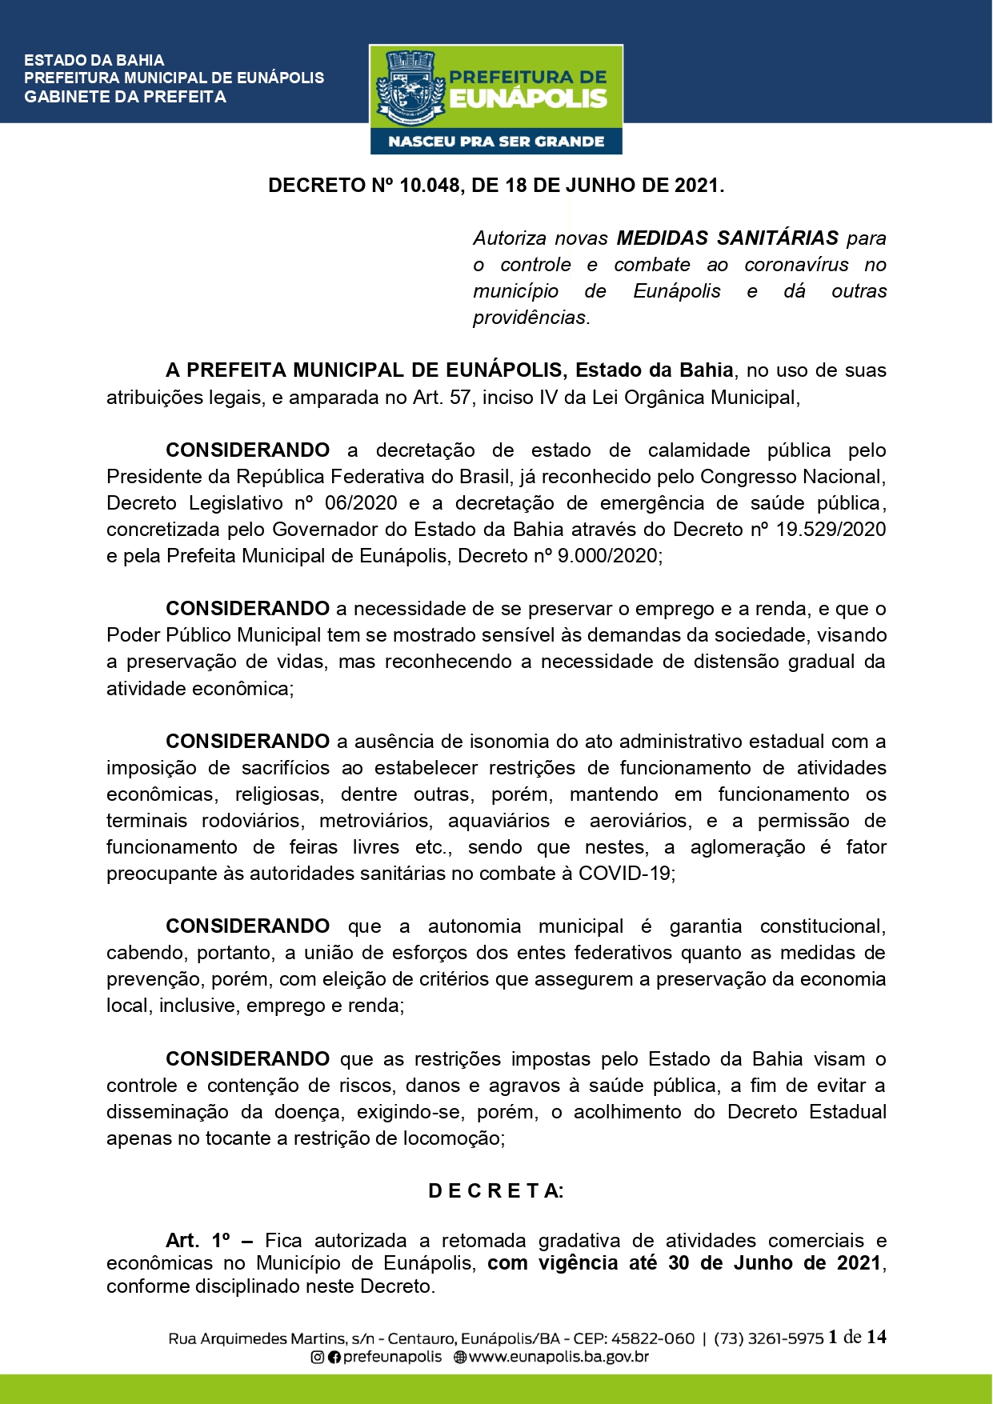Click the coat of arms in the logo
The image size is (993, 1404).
(410, 88)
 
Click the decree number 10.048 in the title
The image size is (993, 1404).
(429, 186)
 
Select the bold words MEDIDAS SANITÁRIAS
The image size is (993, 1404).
(727, 238)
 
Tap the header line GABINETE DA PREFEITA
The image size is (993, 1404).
(125, 97)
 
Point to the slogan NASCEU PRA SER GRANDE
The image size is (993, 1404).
(496, 142)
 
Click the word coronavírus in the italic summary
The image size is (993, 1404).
(796, 265)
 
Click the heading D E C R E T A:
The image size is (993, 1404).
(496, 1191)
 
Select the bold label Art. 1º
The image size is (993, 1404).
(198, 1241)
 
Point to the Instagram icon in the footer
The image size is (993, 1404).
(318, 1357)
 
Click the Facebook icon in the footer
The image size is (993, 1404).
(334, 1357)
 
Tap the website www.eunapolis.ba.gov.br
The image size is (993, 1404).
(559, 1357)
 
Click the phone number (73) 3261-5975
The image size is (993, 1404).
(768, 1338)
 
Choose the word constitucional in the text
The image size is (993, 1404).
(822, 926)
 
